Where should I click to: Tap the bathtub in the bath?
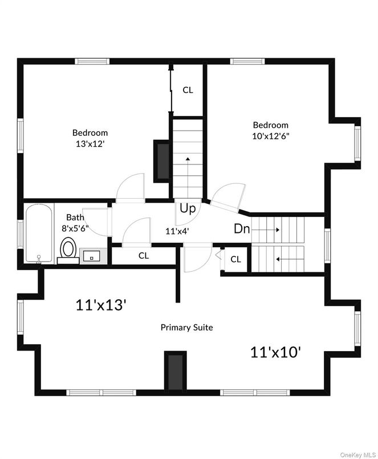coord(38,234)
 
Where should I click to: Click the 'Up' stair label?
coord(188,208)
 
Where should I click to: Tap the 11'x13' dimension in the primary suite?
coord(100,305)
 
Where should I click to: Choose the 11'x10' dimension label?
coord(275,352)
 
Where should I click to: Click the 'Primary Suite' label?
coord(186,327)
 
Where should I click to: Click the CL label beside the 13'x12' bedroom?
coord(188,90)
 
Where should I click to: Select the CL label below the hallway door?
coord(143,256)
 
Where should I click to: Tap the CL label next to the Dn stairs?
coord(236,259)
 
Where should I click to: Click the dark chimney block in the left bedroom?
coord(161,161)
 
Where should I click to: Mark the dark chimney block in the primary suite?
coord(174,371)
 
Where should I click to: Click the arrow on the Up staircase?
coord(188,159)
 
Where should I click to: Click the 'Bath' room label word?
coord(75,217)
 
